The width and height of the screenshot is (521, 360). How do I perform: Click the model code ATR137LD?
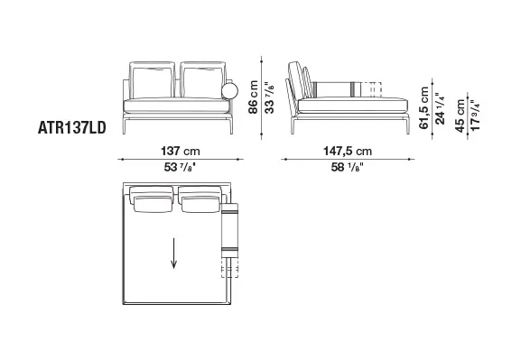[x=72, y=127]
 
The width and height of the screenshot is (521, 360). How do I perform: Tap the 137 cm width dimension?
[x=181, y=151]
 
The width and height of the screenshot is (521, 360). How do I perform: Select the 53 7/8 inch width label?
[x=180, y=167]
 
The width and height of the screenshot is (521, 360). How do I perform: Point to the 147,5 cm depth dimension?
[x=348, y=151]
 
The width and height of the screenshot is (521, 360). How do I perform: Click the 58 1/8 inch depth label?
[x=348, y=167]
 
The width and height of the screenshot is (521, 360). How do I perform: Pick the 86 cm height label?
[x=253, y=97]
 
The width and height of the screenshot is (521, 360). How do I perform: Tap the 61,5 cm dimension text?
[x=424, y=108]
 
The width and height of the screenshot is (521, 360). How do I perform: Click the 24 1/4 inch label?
[x=440, y=108]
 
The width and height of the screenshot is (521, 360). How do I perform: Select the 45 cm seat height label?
[x=461, y=115]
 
